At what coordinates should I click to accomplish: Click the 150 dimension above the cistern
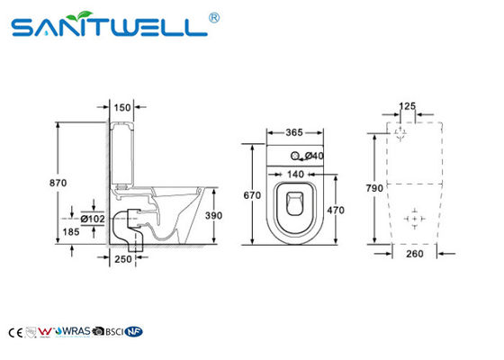[123, 106]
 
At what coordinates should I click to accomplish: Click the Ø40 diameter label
[314, 156]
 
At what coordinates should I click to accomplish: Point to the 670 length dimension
[253, 195]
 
